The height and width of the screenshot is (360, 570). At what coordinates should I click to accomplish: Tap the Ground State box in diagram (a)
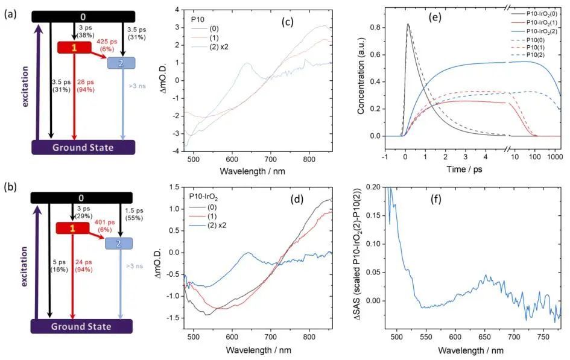coord(83,147)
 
